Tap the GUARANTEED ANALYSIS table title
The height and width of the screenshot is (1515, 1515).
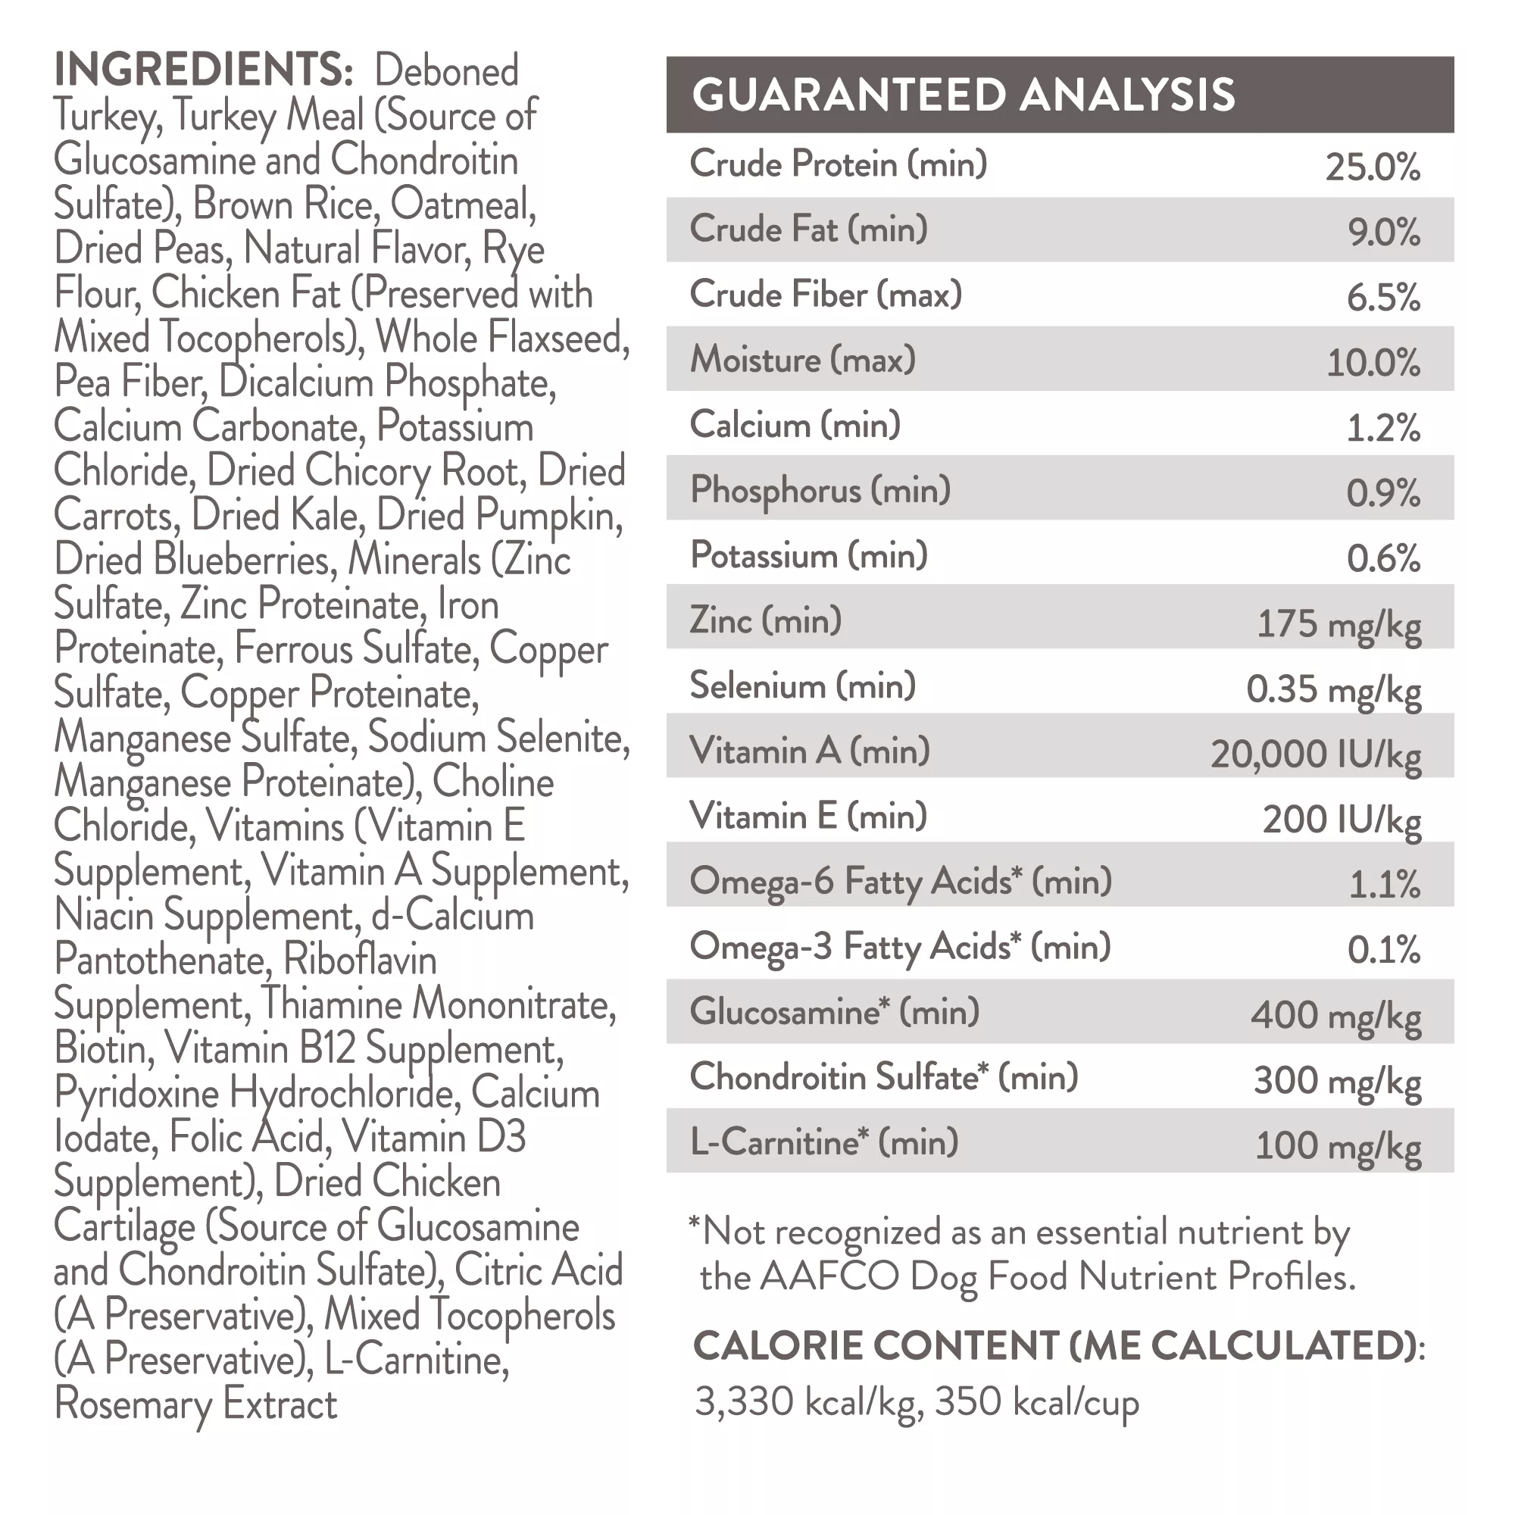[962, 95]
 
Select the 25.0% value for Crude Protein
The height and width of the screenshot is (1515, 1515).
[1373, 167]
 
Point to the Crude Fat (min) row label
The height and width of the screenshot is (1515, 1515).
[808, 230]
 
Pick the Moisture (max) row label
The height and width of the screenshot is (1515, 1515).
[802, 360]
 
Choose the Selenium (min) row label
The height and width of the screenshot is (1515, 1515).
[802, 686]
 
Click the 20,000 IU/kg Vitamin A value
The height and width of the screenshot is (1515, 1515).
[1315, 754]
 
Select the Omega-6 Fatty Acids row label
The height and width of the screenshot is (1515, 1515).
[900, 882]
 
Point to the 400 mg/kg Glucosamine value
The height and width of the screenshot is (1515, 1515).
[1335, 1016]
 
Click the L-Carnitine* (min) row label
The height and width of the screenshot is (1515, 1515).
[823, 1142]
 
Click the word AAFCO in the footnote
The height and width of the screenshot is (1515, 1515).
[829, 1277]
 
